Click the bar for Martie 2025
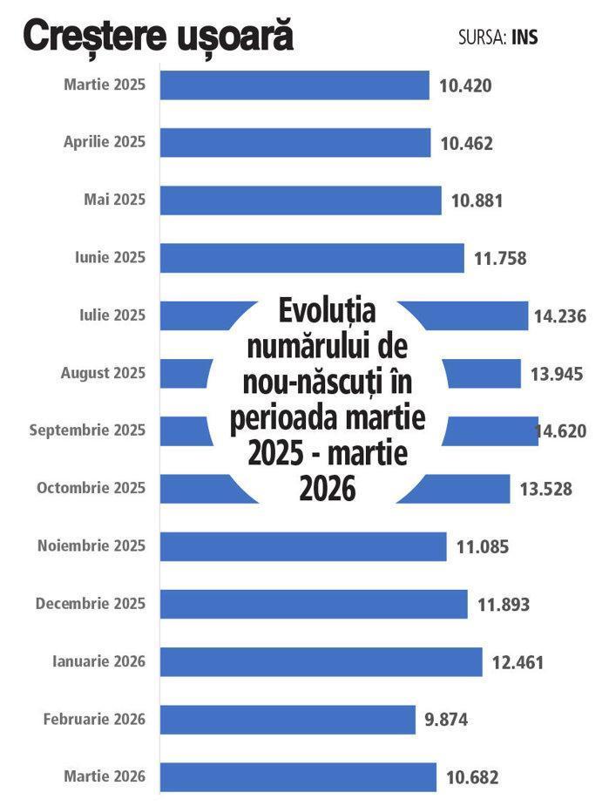294,85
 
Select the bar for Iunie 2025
312,258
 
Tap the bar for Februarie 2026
288,720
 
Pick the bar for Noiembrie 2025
303,546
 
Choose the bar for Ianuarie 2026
321,662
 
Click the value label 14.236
559,316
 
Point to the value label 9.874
446,720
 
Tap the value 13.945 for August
557,374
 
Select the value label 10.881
477,200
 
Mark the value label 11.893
504,605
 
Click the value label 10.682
472,777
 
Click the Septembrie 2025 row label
87,430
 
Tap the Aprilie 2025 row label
105,142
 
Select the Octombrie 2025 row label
91,488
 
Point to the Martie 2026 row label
105,776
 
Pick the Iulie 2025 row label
112,315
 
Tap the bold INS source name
524,37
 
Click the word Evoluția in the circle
328,311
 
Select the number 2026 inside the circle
328,488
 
